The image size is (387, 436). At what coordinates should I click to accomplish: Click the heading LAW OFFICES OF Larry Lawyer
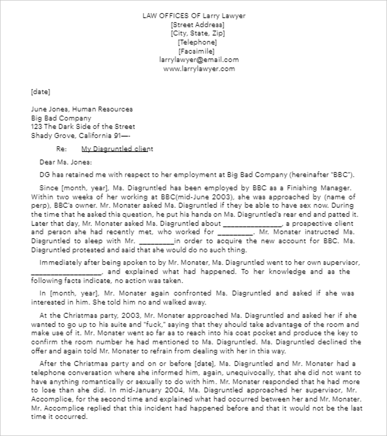(193, 16)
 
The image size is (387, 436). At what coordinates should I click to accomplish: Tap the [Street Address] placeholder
(197, 25)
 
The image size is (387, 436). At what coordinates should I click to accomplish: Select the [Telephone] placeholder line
(197, 42)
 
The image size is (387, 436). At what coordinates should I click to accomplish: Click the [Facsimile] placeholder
(196, 51)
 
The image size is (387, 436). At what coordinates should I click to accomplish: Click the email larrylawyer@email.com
(199, 60)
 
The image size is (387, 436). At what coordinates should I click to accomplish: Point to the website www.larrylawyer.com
(199, 69)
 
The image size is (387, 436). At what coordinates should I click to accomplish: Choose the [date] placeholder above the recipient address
(40, 91)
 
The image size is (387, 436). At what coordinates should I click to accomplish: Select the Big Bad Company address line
(61, 118)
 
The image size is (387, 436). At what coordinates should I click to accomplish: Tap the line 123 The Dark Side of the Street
(83, 126)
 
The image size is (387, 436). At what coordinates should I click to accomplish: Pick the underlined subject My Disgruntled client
(117, 149)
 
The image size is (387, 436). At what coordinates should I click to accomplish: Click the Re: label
(61, 149)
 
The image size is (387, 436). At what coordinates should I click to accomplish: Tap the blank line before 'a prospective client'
(252, 223)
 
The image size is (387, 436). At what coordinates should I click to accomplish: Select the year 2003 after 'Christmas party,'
(130, 314)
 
